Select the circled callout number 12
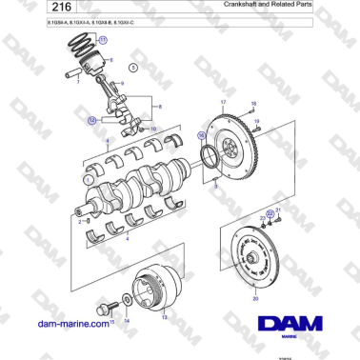(x=91, y=121)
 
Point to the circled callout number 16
(x=202, y=136)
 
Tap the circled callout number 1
(x=89, y=178)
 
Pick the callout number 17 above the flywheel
(x=224, y=101)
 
